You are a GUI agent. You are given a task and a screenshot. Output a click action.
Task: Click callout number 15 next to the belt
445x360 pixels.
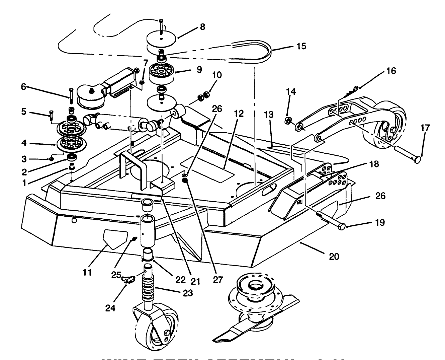click(301, 46)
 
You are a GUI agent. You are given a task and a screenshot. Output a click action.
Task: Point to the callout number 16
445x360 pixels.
click(391, 71)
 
